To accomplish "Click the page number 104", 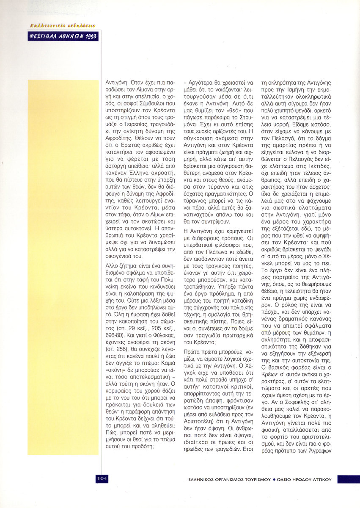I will [102, 478].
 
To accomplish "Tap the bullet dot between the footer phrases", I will [274, 480].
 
